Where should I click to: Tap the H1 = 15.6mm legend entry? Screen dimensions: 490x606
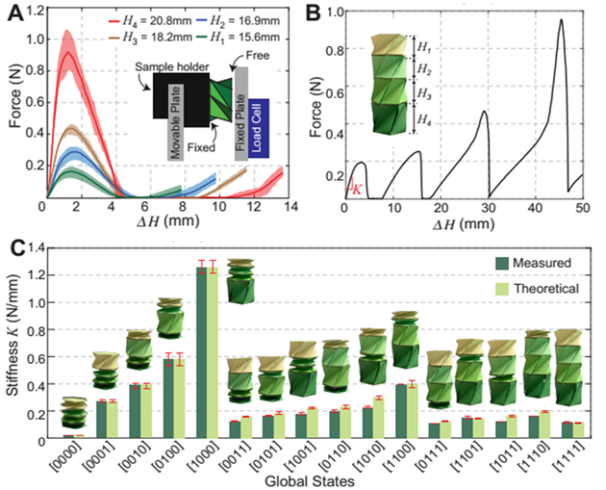(235, 37)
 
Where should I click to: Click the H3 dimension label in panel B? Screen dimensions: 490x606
(423, 93)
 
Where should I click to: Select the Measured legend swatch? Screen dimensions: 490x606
(499, 261)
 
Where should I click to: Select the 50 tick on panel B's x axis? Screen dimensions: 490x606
(580, 207)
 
